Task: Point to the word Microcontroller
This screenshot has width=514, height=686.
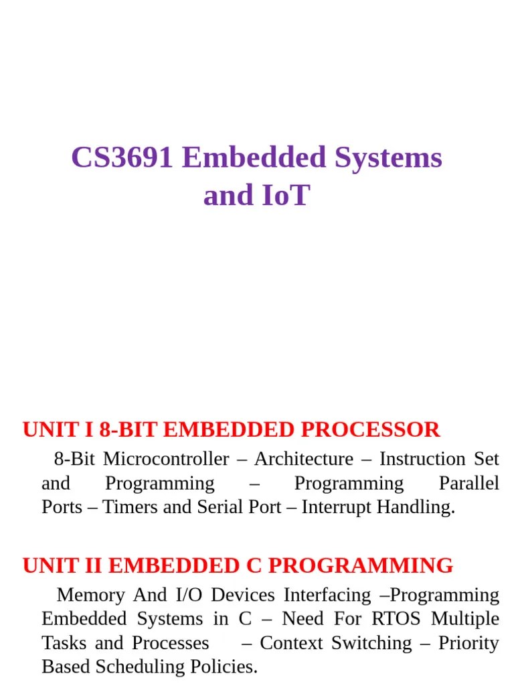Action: coord(166,459)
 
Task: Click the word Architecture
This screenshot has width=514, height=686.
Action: coord(303,459)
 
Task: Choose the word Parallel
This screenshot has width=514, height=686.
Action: coord(468,483)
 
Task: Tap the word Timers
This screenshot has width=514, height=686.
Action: coord(131,507)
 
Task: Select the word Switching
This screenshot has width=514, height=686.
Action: coord(371,642)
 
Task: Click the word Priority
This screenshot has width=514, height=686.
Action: coord(468,642)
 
